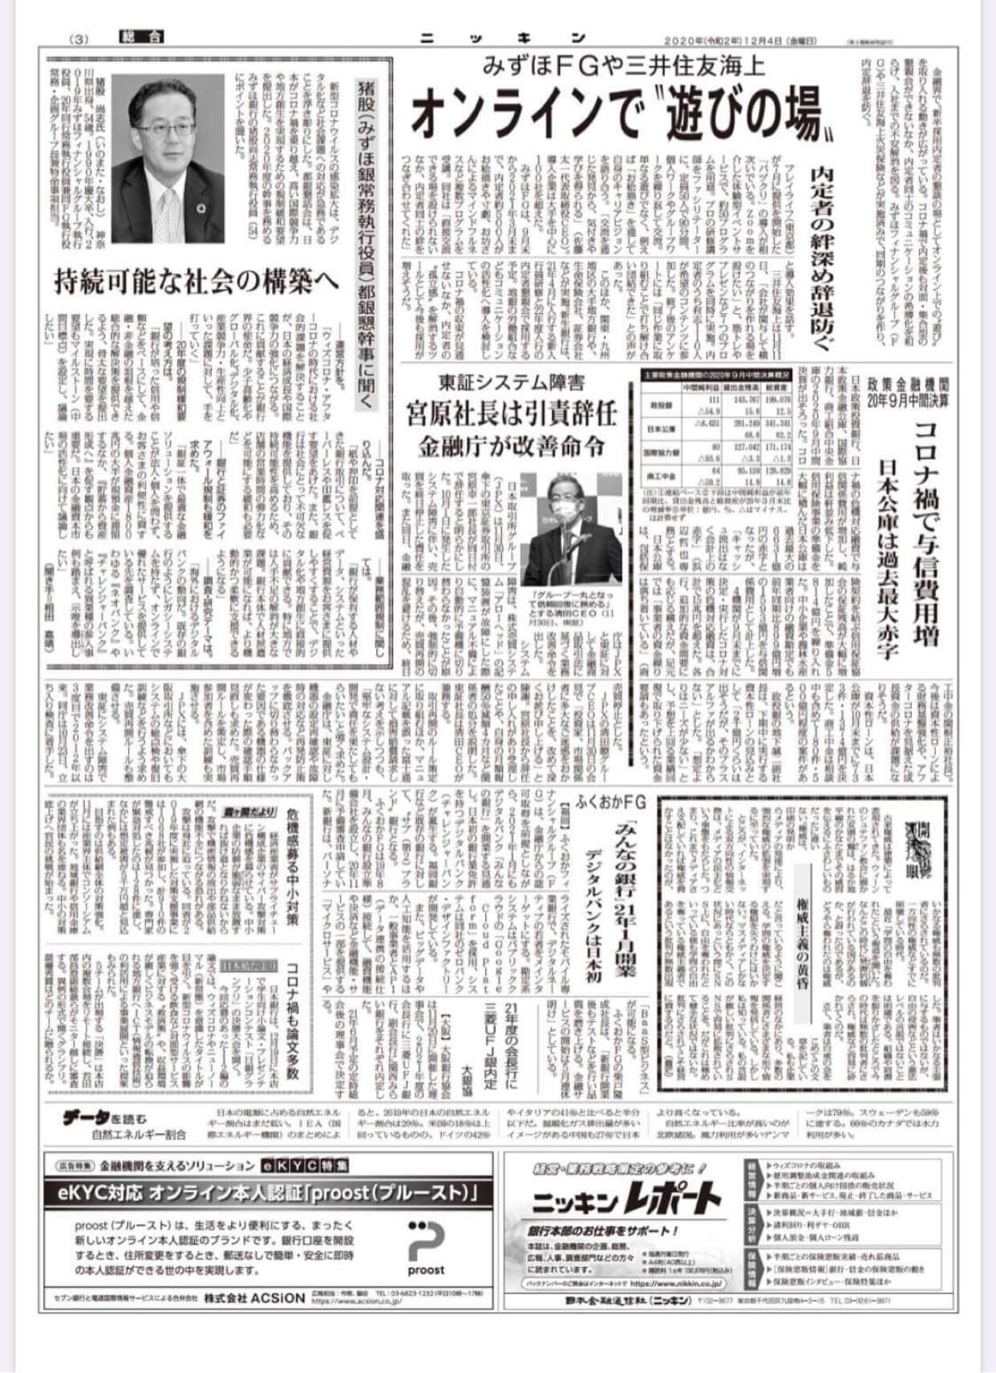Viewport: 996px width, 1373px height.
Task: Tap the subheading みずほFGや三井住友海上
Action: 625,63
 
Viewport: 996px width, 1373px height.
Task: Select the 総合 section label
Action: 141,37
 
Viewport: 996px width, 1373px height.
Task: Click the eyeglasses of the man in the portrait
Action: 165,128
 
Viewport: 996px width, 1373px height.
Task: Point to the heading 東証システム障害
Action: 510,383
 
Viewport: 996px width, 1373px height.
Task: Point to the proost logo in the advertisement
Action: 425,1247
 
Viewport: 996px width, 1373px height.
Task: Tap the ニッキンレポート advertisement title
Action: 626,1201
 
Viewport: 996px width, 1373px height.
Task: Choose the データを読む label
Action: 105,1117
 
